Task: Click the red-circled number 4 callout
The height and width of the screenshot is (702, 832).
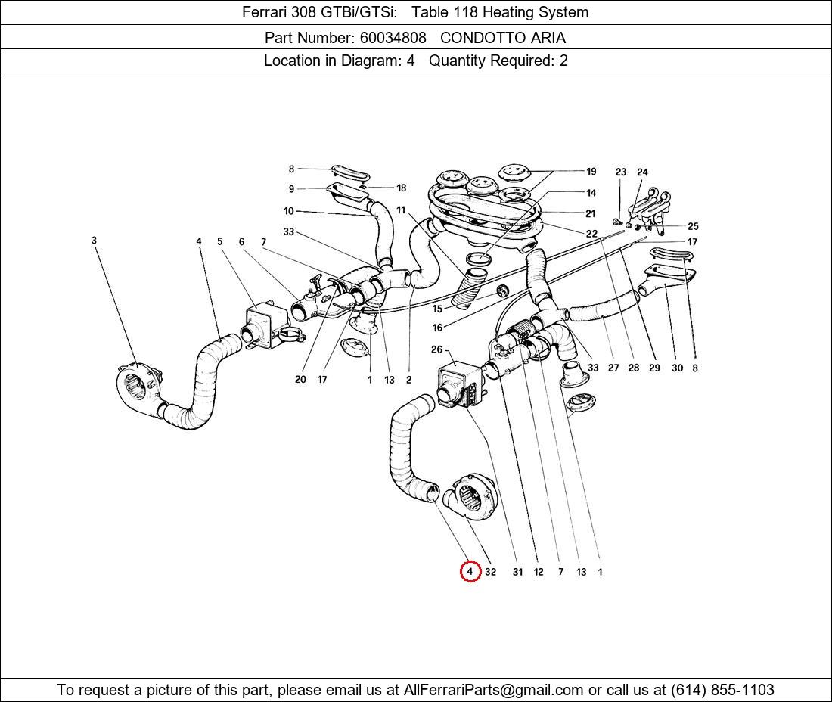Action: tap(470, 572)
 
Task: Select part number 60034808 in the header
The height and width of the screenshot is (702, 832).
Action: tap(391, 37)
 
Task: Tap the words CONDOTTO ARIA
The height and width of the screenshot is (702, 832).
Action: tap(502, 37)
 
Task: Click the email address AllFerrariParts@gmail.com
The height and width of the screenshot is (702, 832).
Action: tap(494, 690)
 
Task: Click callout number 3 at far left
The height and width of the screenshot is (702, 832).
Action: tap(95, 241)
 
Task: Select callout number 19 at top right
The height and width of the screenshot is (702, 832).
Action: tap(591, 172)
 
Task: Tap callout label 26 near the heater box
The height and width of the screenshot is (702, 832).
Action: tap(436, 349)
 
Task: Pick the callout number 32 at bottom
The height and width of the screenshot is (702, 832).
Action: tap(490, 572)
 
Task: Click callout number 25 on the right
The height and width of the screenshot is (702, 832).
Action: tap(693, 226)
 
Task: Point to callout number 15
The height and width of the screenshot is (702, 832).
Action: tap(437, 309)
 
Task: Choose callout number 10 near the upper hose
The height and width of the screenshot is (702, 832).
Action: tap(289, 211)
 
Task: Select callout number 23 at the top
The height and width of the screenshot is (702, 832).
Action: tap(621, 172)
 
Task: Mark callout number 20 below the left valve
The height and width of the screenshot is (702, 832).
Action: tap(300, 379)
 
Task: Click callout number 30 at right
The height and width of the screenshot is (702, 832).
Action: tap(677, 368)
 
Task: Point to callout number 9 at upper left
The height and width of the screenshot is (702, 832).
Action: tap(291, 189)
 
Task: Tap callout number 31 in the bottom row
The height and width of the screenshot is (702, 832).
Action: tap(517, 572)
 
